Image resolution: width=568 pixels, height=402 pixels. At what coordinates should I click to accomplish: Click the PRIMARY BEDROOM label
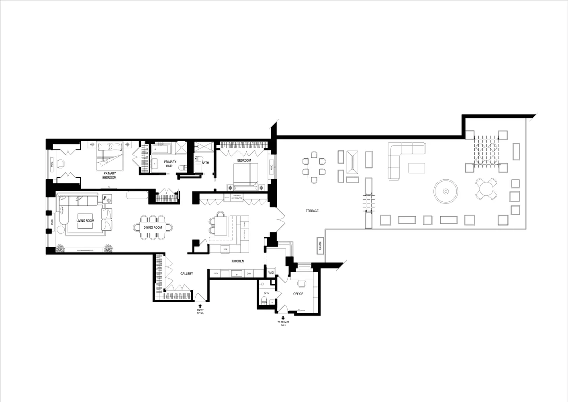pos(109,175)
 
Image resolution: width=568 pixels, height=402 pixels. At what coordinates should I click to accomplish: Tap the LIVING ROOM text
pos(85,221)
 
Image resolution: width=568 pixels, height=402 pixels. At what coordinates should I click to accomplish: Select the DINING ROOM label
pos(153,228)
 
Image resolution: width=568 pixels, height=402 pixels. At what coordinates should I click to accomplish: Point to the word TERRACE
pos(312,211)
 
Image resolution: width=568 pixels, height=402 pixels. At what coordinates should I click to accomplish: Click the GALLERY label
pos(186,274)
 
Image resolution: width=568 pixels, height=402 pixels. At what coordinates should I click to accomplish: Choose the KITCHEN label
pos(238,261)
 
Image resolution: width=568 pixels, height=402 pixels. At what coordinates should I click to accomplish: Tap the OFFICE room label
pos(298,294)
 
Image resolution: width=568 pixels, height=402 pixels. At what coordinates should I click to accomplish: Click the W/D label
pos(271,273)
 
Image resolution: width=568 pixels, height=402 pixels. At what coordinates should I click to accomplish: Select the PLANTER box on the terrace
pos(320,246)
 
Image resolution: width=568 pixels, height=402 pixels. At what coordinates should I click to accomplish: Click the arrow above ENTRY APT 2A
pos(200,306)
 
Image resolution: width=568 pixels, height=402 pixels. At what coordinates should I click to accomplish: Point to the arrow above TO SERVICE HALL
pos(283,318)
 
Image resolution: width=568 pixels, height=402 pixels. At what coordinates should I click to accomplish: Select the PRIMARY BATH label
pos(170,164)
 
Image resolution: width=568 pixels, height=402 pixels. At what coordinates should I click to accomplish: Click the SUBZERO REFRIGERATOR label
pos(237,197)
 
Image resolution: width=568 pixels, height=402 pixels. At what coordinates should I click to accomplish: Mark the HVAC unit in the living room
pos(52,222)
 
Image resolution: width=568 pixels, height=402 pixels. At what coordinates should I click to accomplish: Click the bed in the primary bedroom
pos(110,157)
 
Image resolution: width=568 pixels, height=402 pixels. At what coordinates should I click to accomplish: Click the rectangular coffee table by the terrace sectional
pos(417,168)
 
